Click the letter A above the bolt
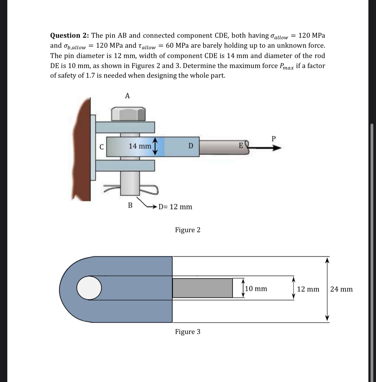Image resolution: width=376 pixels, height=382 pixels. pos(127,96)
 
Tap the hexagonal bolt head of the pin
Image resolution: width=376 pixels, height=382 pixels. pos(129,114)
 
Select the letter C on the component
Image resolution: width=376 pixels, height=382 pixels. pos(102,147)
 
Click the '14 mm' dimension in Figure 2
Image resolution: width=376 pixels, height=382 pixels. pos(140,146)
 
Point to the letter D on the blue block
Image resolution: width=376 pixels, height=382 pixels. pos(190,146)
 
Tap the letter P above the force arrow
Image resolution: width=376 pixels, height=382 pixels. pos(274,139)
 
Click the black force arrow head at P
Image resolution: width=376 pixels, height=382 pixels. pos(277,148)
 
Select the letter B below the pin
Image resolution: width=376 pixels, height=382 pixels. pos(130,205)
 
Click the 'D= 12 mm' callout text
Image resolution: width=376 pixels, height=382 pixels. pos(175,207)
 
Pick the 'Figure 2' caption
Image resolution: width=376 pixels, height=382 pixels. pos(187,230)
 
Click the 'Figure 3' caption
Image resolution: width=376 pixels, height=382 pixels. pos(187,332)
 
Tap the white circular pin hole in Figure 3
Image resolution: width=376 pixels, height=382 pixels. pos(89,288)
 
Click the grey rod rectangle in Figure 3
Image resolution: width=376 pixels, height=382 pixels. pos(202,288)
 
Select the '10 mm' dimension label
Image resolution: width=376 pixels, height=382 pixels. pos(256,289)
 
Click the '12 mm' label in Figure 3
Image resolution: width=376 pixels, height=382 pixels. pos(308,289)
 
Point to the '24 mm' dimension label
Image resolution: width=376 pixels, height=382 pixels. pos(341,289)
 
